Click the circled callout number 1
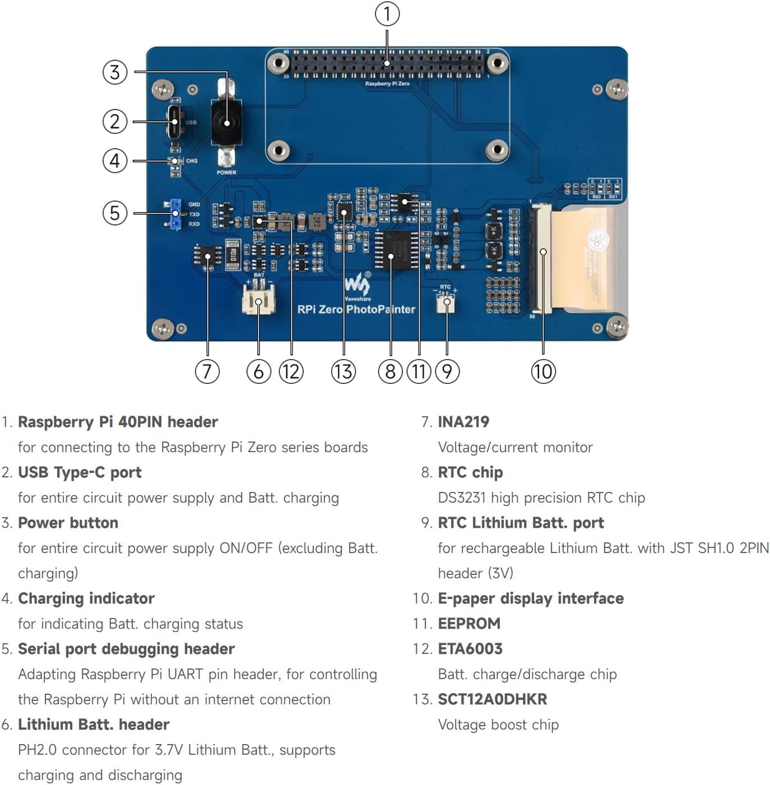tap(387, 14)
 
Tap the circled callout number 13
tap(343, 371)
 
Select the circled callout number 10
tap(543, 371)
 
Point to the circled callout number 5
tap(115, 213)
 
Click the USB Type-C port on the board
tap(175, 122)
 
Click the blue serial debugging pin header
tap(175, 214)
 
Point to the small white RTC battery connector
tap(446, 303)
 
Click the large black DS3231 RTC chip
tap(397, 250)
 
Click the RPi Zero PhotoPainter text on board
tap(356, 309)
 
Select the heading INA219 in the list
tap(463, 422)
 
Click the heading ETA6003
tap(470, 649)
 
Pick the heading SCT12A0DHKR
tap(492, 699)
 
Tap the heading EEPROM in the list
tap(469, 624)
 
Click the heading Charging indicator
tap(86, 598)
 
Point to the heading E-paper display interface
tap(530, 598)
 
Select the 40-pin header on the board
tap(387, 64)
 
